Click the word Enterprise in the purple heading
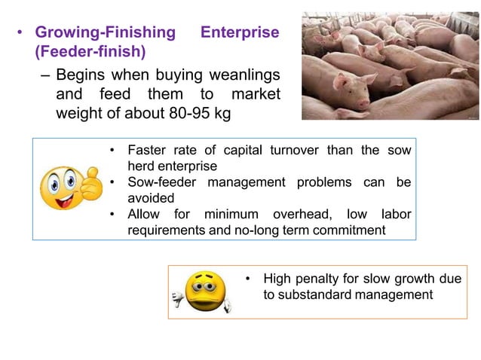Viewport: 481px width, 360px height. [240, 32]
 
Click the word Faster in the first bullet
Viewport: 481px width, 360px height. [149, 150]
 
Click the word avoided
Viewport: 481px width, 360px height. [151, 197]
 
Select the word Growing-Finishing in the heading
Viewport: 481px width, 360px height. [106, 32]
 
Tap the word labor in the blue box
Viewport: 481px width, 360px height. [395, 214]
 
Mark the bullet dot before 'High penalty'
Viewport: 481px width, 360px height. [248, 279]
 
